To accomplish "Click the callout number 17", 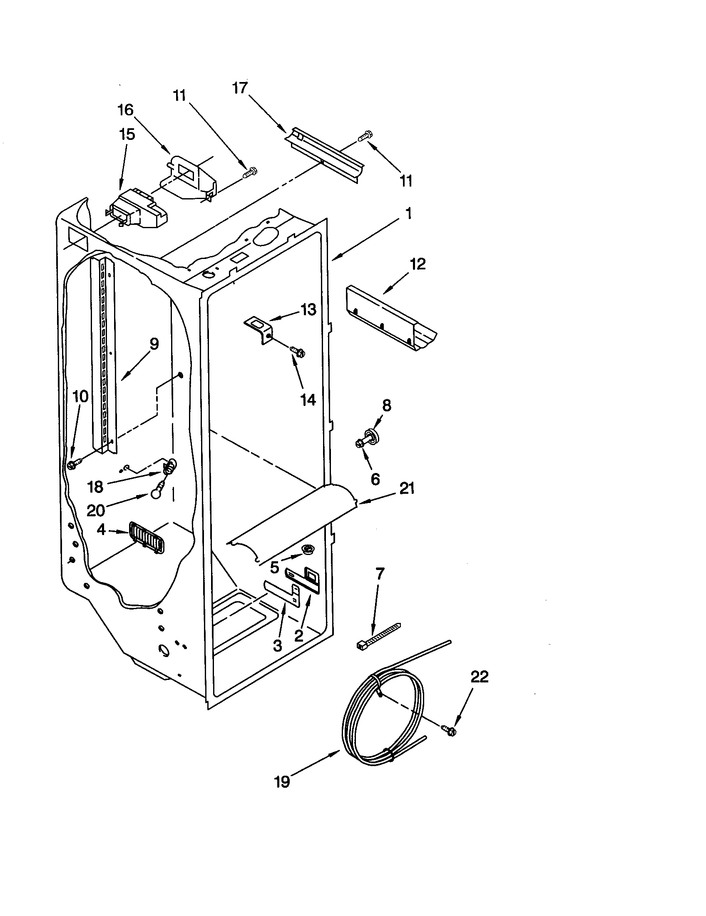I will [x=241, y=89].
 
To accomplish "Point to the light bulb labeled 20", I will [x=157, y=495].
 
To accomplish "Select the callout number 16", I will [x=125, y=111].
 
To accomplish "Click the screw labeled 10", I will [x=73, y=464].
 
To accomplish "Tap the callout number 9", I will [x=154, y=344].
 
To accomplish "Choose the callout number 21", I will [x=407, y=488].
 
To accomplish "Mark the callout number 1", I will [x=408, y=214].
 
